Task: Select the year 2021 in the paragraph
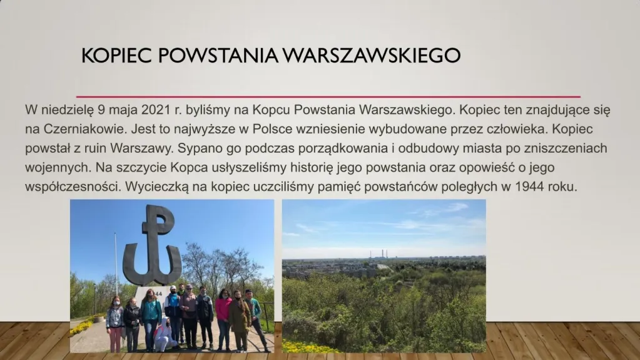tap(156, 110)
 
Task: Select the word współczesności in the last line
tap(73, 187)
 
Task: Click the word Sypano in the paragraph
tap(200, 149)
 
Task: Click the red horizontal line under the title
tap(328, 97)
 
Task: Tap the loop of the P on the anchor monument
tap(163, 220)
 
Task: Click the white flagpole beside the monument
tap(116, 265)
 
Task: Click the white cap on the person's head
tap(173, 288)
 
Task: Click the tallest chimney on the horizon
tap(382, 254)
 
